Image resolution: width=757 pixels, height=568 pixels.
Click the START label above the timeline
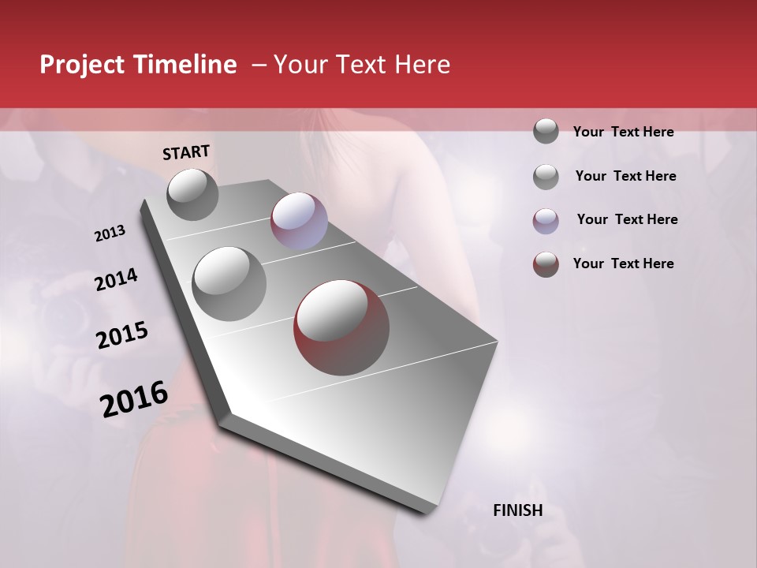[x=186, y=152]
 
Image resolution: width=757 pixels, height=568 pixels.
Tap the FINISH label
[x=517, y=510]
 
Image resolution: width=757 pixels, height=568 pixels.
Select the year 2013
[x=110, y=234]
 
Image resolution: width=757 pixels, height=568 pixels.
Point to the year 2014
[x=116, y=280]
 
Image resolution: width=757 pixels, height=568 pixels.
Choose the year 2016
[x=134, y=399]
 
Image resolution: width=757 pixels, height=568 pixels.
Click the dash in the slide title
[x=258, y=65]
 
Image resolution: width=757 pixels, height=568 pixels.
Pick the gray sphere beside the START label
[x=193, y=194]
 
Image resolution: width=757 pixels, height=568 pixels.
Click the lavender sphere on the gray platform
[x=299, y=220]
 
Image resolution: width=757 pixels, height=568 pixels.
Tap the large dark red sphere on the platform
[x=341, y=327]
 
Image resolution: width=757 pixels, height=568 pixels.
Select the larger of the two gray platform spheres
[x=229, y=284]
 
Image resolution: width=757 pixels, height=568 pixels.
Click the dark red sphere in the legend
[x=546, y=264]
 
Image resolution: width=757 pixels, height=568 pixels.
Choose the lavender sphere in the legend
[x=546, y=221]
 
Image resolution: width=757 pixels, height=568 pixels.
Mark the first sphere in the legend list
[x=546, y=132]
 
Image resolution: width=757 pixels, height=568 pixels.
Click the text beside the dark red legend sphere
[x=623, y=263]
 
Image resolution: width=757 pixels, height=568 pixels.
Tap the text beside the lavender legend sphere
[x=627, y=219]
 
